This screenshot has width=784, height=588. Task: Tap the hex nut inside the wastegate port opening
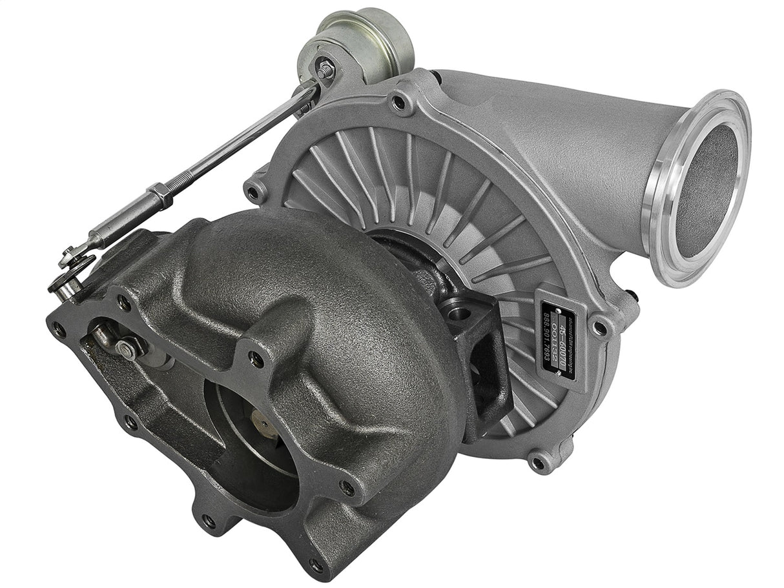(128, 349)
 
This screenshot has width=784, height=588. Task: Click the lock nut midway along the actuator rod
(160, 196)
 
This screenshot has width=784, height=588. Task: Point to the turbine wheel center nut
(263, 424)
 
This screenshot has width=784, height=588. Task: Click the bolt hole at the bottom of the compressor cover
(537, 462)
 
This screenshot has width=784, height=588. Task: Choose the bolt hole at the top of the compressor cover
(399, 101)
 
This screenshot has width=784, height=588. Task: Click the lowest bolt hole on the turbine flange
(316, 566)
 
